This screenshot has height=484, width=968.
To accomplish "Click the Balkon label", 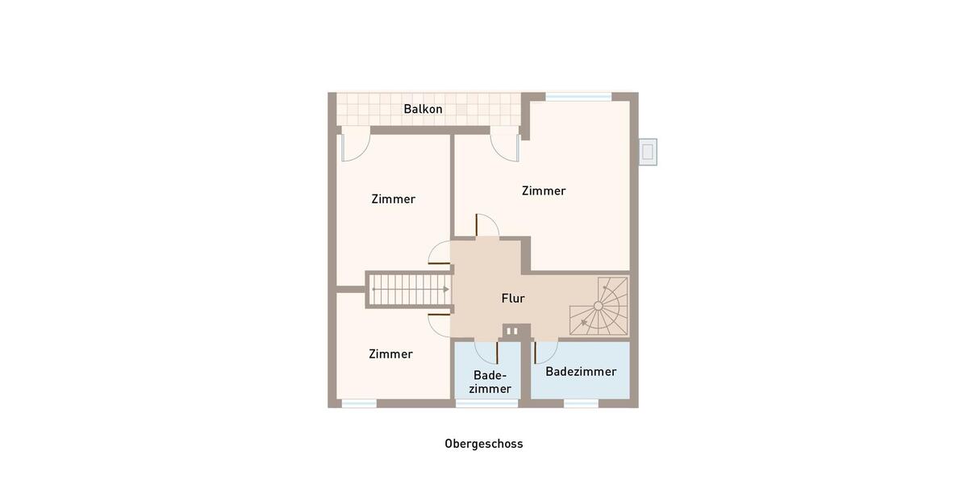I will click(423, 109).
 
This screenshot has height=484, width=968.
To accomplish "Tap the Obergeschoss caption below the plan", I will click(483, 444).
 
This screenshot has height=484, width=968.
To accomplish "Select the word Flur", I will click(513, 298).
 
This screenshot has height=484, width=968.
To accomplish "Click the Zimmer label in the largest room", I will click(544, 191).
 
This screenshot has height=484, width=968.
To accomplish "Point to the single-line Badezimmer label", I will click(581, 372).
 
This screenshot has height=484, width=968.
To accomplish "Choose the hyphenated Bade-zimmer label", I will click(490, 382).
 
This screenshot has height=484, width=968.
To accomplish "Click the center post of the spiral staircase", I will click(598, 306).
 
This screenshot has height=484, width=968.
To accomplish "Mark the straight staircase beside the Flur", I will click(409, 289).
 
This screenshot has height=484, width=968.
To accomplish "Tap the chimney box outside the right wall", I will click(647, 152).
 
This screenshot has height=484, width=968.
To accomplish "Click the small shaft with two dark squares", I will click(514, 331).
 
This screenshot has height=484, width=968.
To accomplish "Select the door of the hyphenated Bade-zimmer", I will click(486, 352).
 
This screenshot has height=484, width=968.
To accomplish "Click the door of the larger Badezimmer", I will click(544, 352).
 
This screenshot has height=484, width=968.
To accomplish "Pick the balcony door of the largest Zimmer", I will click(506, 146).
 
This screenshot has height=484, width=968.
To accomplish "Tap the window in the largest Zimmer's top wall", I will click(578, 97).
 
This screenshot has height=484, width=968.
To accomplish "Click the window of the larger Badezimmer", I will click(581, 403).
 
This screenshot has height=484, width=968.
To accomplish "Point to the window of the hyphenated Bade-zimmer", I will click(475, 403).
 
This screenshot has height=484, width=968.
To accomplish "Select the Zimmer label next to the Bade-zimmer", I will click(390, 354).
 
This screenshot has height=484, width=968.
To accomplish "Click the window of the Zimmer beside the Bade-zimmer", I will click(358, 403).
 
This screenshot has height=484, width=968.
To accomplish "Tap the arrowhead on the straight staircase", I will click(445, 289).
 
